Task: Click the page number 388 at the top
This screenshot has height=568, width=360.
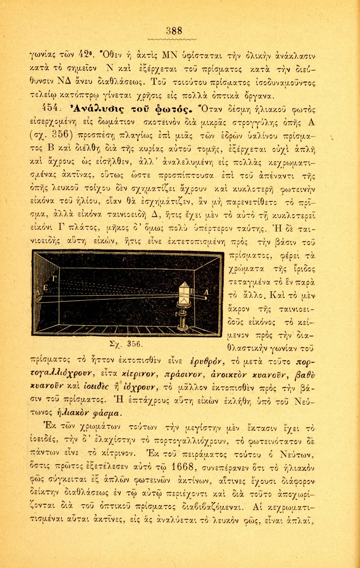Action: [175, 31]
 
